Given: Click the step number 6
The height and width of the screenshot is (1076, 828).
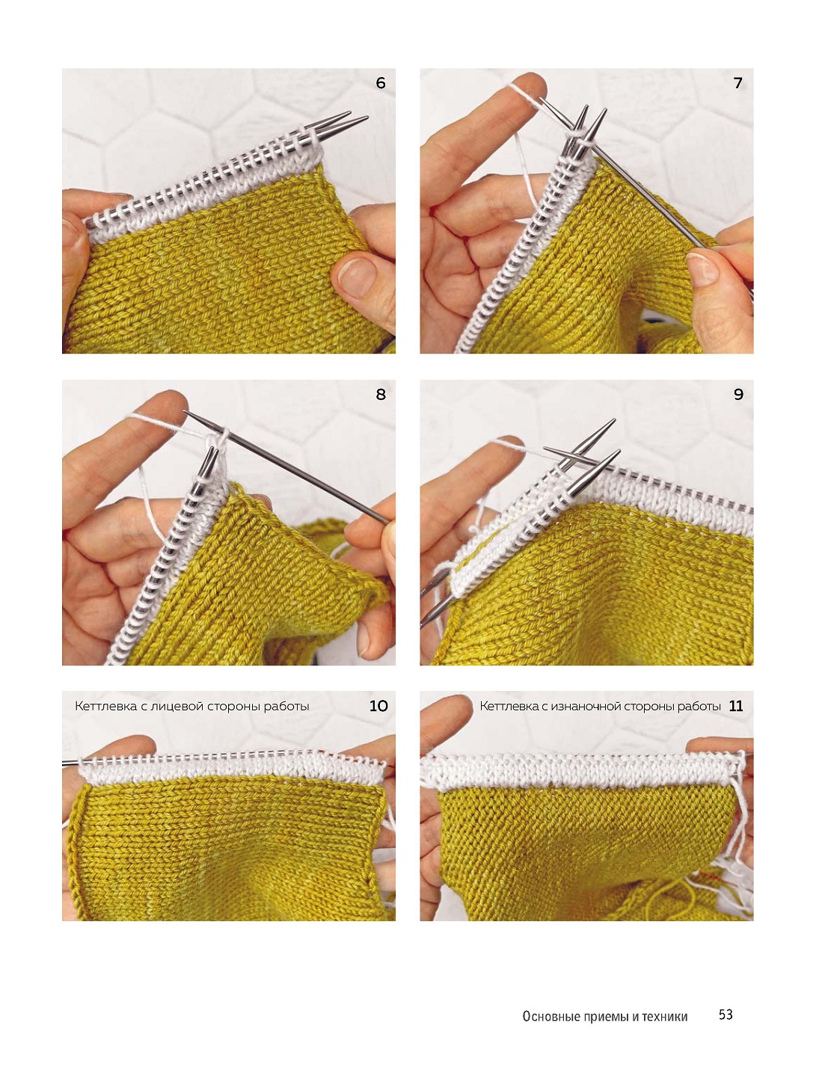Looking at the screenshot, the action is pyautogui.click(x=380, y=83).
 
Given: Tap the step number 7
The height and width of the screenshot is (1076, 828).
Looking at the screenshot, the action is pyautogui.click(x=738, y=83).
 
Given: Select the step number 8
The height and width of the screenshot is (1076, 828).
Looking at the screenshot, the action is pyautogui.click(x=380, y=394).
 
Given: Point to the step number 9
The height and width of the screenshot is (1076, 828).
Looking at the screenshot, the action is pyautogui.click(x=738, y=394).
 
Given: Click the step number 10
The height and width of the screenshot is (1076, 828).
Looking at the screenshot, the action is pyautogui.click(x=378, y=706).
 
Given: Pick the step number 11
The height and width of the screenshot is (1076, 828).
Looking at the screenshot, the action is pyautogui.click(x=736, y=706).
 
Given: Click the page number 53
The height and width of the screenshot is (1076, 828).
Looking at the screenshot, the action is pyautogui.click(x=726, y=1015).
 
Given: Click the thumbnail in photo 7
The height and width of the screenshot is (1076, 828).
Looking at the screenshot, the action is pyautogui.click(x=702, y=268).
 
